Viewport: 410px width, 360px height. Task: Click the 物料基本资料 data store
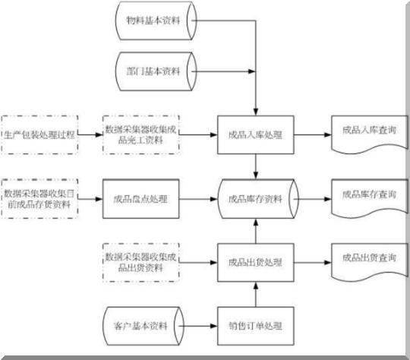(x=154, y=21)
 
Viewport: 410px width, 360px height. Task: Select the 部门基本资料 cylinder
(x=154, y=71)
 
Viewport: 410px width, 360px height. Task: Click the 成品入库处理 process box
(x=255, y=134)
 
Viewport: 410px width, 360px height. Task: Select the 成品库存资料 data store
(x=255, y=198)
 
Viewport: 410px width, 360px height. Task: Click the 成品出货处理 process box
(x=255, y=262)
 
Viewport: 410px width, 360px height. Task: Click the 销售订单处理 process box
(x=255, y=327)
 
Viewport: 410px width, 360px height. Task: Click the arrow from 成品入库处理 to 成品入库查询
(x=312, y=134)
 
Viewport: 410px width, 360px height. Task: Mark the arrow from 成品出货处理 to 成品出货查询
(x=312, y=262)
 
